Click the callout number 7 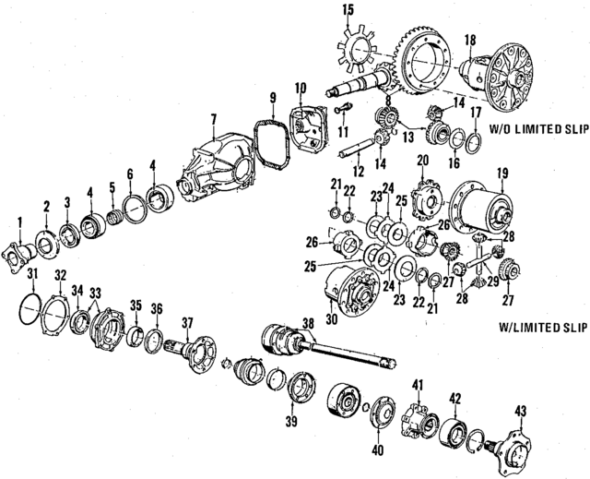(x=213, y=118)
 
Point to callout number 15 (x=348, y=10)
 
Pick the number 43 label (x=521, y=410)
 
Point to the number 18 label (x=469, y=40)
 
